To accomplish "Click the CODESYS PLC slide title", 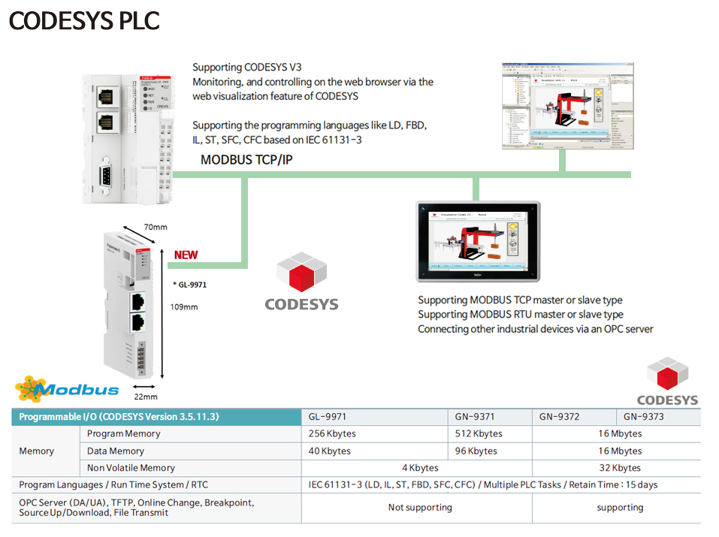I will tap(84, 21).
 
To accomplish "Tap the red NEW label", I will tap(186, 255).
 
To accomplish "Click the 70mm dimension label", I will tap(156, 227).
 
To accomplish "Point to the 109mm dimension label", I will tap(184, 306).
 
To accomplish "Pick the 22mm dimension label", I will tap(146, 397).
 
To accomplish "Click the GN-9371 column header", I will tap(475, 417).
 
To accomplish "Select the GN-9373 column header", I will tap(644, 417).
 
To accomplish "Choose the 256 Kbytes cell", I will tap(332, 434).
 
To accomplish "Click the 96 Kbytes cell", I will tap(476, 451).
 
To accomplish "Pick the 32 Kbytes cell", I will tap(620, 468).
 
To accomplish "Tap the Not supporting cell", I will tap(420, 508).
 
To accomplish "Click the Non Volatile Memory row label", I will tap(131, 468).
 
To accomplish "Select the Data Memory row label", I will tap(116, 451).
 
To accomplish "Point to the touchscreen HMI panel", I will tap(478, 240).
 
